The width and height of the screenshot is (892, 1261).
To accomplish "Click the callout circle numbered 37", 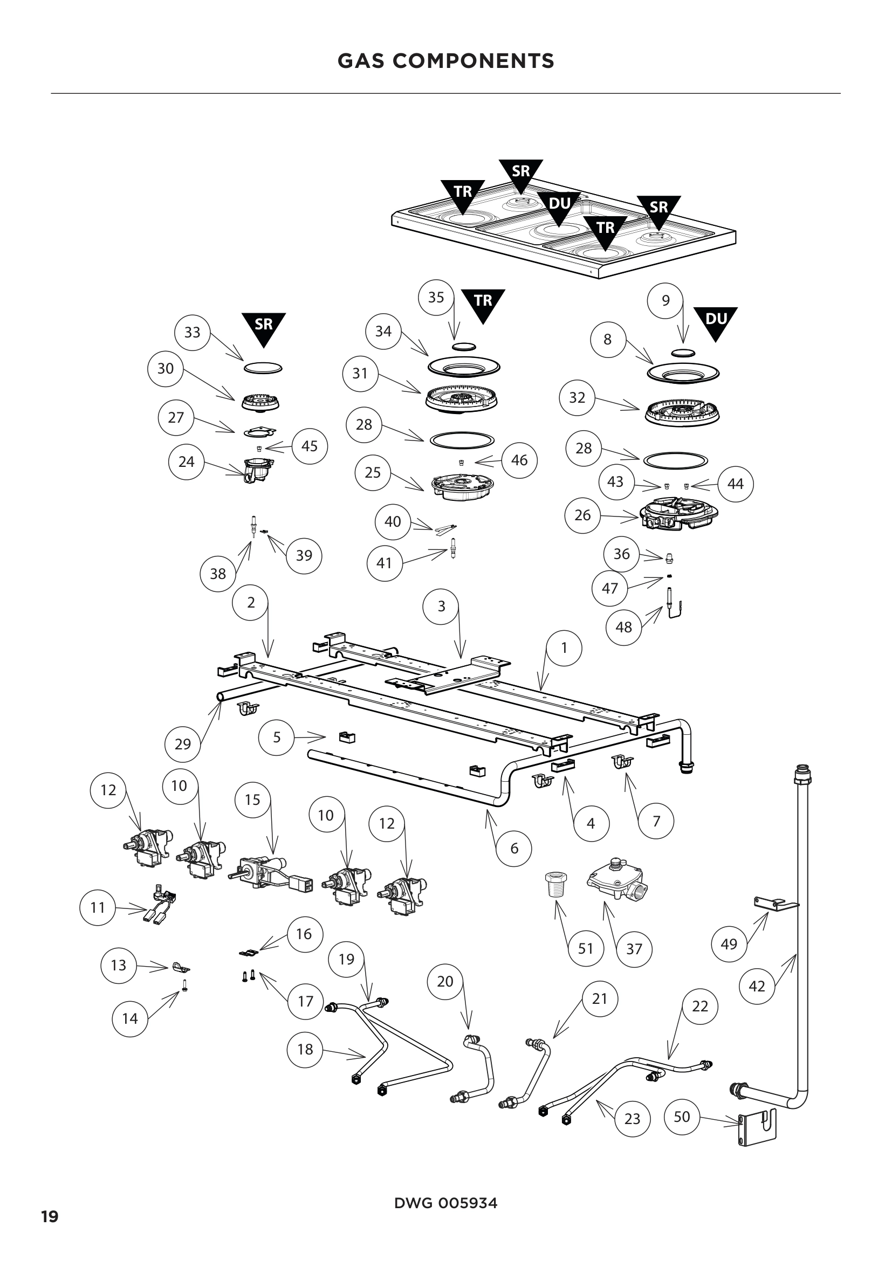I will (x=634, y=948).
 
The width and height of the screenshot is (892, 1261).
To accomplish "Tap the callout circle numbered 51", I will (x=586, y=948).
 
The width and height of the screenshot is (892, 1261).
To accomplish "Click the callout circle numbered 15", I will (x=252, y=800).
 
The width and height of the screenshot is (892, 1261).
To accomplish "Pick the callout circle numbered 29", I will (x=182, y=744).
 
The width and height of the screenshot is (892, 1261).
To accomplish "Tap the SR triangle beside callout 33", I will (x=264, y=327).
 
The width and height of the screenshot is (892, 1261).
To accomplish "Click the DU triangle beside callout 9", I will (x=715, y=322).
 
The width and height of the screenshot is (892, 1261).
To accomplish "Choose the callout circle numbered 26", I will (x=582, y=515).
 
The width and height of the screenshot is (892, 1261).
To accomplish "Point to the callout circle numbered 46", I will (x=519, y=460).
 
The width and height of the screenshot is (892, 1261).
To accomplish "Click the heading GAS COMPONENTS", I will (x=445, y=61).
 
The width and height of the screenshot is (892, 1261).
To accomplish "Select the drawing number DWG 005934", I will (x=445, y=1203).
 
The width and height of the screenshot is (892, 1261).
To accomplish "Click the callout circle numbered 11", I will (x=97, y=907).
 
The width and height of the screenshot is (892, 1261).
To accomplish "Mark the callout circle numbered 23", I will (x=632, y=1118).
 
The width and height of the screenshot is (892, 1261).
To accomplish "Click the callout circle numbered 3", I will (x=441, y=607).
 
